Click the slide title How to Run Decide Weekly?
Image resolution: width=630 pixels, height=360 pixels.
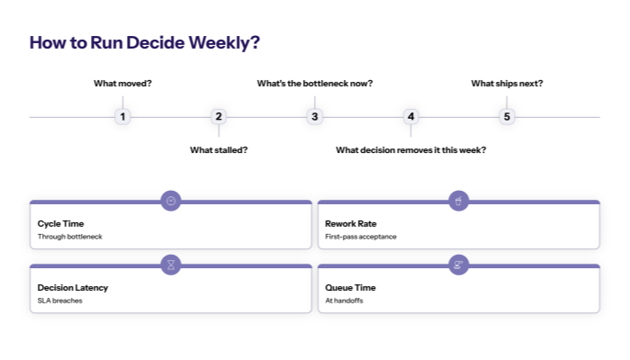tap(145, 42)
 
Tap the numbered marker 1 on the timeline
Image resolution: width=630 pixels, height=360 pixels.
tap(122, 116)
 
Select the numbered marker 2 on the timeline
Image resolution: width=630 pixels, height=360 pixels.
tap(219, 116)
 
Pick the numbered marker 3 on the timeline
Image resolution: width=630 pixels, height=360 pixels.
tap(314, 116)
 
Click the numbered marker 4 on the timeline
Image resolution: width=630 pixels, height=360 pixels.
tap(410, 116)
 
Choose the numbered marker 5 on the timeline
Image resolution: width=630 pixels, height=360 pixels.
tap(507, 116)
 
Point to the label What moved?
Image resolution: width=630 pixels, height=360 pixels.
tap(122, 83)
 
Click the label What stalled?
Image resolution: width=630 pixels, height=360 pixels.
tap(219, 149)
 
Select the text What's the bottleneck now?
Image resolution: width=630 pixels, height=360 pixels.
tap(314, 83)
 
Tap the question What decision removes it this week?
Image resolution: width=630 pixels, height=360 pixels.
tap(410, 149)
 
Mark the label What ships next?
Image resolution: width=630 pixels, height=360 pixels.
tap(507, 83)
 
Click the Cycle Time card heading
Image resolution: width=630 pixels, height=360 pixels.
tap(60, 223)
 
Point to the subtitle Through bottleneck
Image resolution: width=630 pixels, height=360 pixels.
tap(69, 237)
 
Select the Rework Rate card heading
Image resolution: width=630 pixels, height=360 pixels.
tap(350, 223)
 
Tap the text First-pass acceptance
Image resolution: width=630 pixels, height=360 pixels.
tap(360, 237)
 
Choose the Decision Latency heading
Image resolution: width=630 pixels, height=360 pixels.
tap(72, 287)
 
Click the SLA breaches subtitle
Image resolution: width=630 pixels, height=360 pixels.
tap(59, 301)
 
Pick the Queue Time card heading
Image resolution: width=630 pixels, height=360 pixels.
tap(350, 287)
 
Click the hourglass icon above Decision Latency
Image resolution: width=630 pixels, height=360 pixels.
tap(171, 265)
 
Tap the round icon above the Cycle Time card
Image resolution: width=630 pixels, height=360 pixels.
tap(171, 201)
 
